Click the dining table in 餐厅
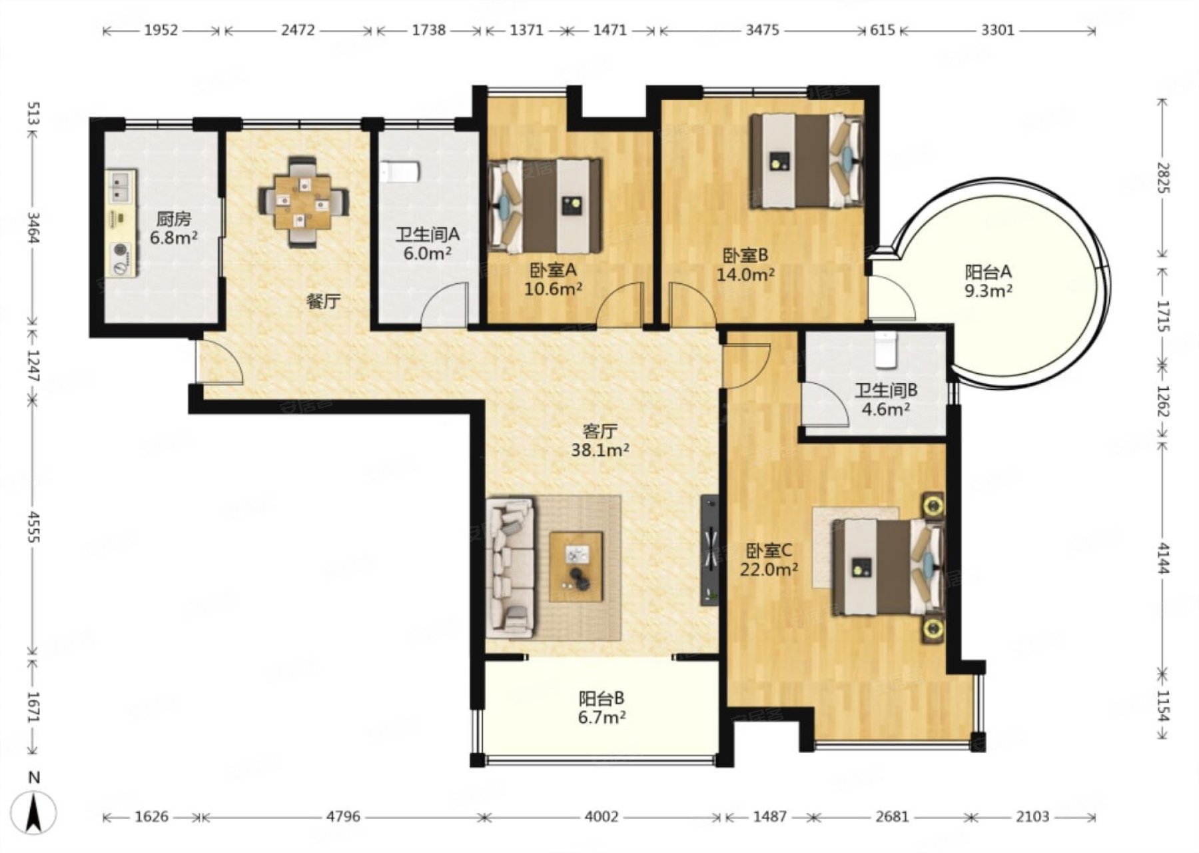pyautogui.click(x=304, y=203)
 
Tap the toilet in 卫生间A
pyautogui.click(x=399, y=172)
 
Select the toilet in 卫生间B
pyautogui.click(x=887, y=350)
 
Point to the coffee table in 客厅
pyautogui.click(x=576, y=566)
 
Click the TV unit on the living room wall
pyautogui.click(x=709, y=550)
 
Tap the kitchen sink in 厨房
pyautogui.click(x=122, y=188)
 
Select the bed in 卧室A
pyautogui.click(x=545, y=206)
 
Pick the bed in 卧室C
pyautogui.click(x=888, y=567)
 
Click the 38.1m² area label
pyautogui.click(x=600, y=450)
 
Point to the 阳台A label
pyautogui.click(x=989, y=272)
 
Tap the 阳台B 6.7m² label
pyautogui.click(x=601, y=708)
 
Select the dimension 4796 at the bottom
pyautogui.click(x=343, y=816)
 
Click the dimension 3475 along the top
pyautogui.click(x=762, y=30)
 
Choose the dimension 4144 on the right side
pyautogui.click(x=1163, y=557)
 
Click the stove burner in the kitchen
pyautogui.click(x=121, y=251)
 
